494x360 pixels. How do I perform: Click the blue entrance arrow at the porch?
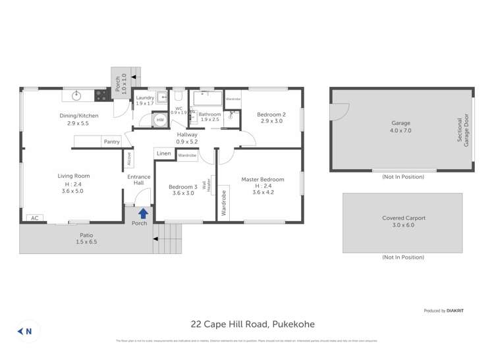pos(143,213)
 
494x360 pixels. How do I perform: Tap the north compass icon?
pos(24,331)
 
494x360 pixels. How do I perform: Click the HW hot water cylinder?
pos(160,120)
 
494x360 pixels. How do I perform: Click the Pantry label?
pos(111,141)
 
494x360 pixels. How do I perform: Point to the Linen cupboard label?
pos(164,153)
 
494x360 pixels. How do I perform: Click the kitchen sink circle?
pos(76,95)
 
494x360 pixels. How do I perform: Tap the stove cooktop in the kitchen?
pos(101,95)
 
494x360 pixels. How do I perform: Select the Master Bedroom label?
pos(263,180)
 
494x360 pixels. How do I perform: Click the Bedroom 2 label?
pos(271,115)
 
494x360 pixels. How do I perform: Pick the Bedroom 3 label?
pos(182,186)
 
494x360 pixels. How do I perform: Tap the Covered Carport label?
pos(404,218)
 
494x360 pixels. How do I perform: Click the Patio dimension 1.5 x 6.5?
pos(86,242)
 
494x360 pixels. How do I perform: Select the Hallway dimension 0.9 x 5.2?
pos(187,141)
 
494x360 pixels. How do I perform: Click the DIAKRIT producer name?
pos(454,311)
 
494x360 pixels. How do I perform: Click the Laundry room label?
pos(145,97)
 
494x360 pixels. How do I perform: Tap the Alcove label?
pos(128,159)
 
